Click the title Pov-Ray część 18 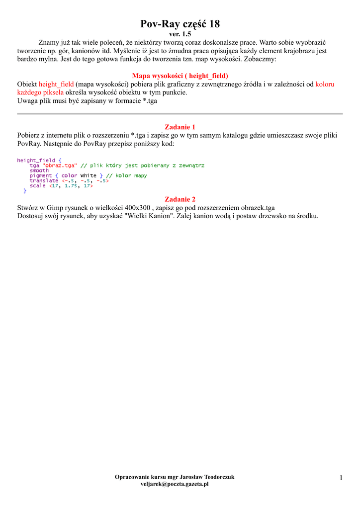(180, 23)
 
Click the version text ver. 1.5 (180, 34)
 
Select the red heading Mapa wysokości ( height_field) (180, 76)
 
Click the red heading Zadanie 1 (180, 127)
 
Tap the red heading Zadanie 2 (180, 199)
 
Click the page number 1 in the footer (341, 478)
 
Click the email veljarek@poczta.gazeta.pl (175, 484)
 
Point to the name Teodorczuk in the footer (217, 477)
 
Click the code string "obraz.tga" (60, 166)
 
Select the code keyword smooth (39, 170)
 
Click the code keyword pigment (41, 175)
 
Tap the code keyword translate (44, 180)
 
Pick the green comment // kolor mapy (127, 175)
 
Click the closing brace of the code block (25, 191)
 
